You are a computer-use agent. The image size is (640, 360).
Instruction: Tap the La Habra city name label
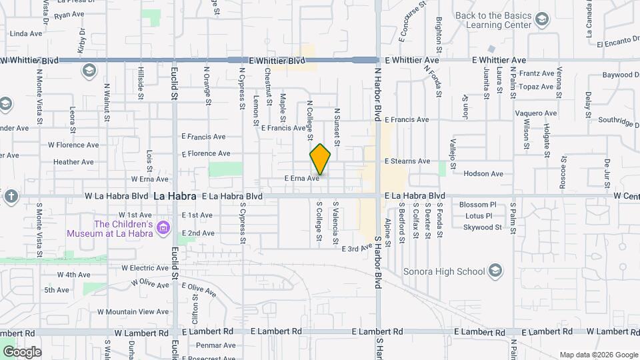pos(175,197)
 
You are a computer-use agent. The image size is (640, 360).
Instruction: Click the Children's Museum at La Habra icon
pos(163,229)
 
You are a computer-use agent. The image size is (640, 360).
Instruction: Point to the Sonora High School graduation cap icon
pos(495,271)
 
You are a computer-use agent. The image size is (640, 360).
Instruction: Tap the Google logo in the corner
pos(21,352)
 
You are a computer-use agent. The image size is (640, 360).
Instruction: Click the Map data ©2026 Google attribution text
pos(598,355)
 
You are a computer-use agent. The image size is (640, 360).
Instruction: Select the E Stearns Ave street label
pos(407,161)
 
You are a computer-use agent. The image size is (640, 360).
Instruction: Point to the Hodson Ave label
pos(483,173)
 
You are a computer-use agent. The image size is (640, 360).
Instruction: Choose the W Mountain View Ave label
pos(135,311)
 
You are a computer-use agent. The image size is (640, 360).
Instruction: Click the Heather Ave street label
pos(73,162)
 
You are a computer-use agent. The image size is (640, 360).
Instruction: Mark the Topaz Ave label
pos(537,87)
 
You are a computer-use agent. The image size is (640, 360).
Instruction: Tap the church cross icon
pos(10,197)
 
